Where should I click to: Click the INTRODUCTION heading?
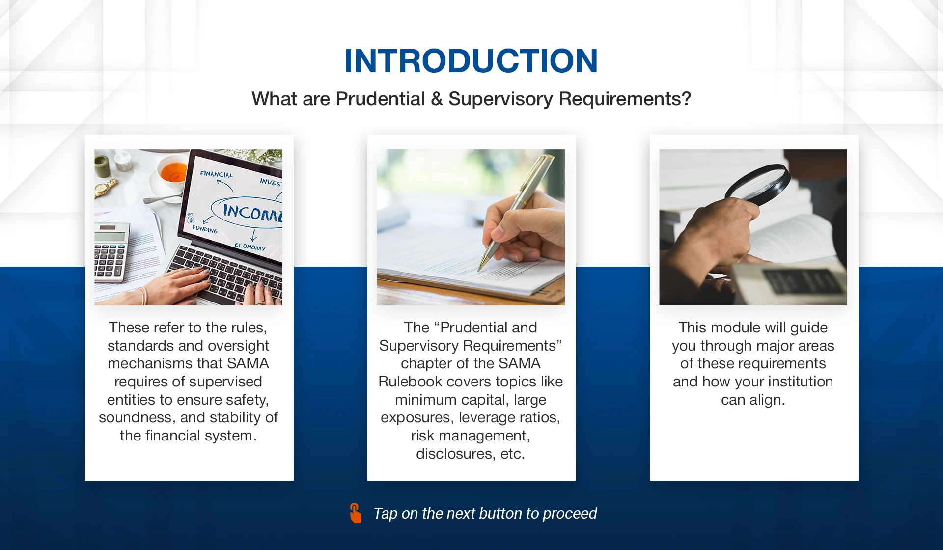point(471,61)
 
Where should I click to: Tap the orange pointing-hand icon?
point(356,513)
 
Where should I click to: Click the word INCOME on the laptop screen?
point(252,213)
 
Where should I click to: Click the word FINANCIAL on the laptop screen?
point(216,174)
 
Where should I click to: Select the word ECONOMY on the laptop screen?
point(250,247)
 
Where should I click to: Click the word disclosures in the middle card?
point(455,454)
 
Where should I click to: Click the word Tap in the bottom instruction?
point(386,514)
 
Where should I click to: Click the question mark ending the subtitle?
point(686,99)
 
